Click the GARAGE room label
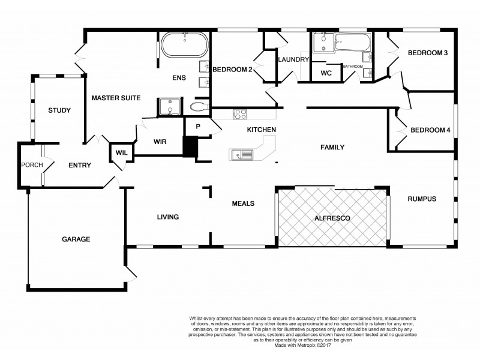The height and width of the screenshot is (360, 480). click(x=76, y=239)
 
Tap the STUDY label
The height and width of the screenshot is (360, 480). click(x=59, y=110)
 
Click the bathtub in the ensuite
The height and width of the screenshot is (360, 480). click(x=185, y=44)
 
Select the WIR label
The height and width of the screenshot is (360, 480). click(x=160, y=142)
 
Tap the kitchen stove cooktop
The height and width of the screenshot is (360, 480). click(x=241, y=113)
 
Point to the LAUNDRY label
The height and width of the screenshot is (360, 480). click(x=293, y=60)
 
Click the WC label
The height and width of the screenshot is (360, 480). click(x=326, y=73)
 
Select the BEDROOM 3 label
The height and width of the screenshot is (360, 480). click(x=428, y=53)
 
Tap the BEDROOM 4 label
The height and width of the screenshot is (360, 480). click(x=430, y=130)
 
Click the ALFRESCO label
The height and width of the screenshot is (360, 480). click(x=332, y=219)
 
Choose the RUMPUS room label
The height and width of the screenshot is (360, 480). click(x=422, y=199)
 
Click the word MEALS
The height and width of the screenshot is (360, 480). click(x=243, y=204)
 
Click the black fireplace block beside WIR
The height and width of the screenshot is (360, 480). click(x=190, y=148)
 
